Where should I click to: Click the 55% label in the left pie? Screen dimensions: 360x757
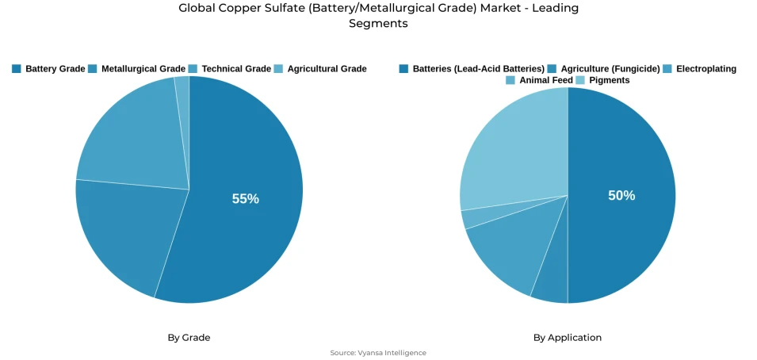pyautogui.click(x=245, y=199)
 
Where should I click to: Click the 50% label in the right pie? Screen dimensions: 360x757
pyautogui.click(x=621, y=196)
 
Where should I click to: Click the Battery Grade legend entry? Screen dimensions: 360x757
pyautogui.click(x=55, y=69)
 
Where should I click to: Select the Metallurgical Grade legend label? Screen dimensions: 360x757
pyautogui.click(x=143, y=69)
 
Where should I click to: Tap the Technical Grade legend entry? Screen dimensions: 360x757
pyautogui.click(x=235, y=69)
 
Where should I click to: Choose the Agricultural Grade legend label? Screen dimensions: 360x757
pyautogui.click(x=327, y=69)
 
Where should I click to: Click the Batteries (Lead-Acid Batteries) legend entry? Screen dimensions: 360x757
pyautogui.click(x=478, y=69)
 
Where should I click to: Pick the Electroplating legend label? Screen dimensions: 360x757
pyautogui.click(x=705, y=69)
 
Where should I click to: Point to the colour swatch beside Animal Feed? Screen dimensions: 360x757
pyautogui.click(x=510, y=80)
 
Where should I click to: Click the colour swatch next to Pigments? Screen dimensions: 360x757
pyautogui.click(x=580, y=80)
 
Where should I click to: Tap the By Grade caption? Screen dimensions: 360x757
pyautogui.click(x=189, y=338)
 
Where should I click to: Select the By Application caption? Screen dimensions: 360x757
pyautogui.click(x=567, y=338)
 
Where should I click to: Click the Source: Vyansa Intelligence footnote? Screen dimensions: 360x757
pyautogui.click(x=378, y=353)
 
